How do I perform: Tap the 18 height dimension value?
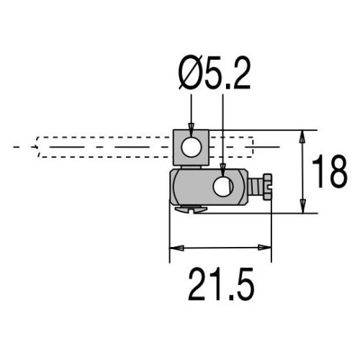330,171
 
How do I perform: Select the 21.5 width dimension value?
221,284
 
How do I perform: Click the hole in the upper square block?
191,147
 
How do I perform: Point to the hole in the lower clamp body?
223,186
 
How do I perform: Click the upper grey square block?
191,148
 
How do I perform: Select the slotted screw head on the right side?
267,186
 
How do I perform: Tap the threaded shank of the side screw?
256,186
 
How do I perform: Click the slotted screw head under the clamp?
191,209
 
